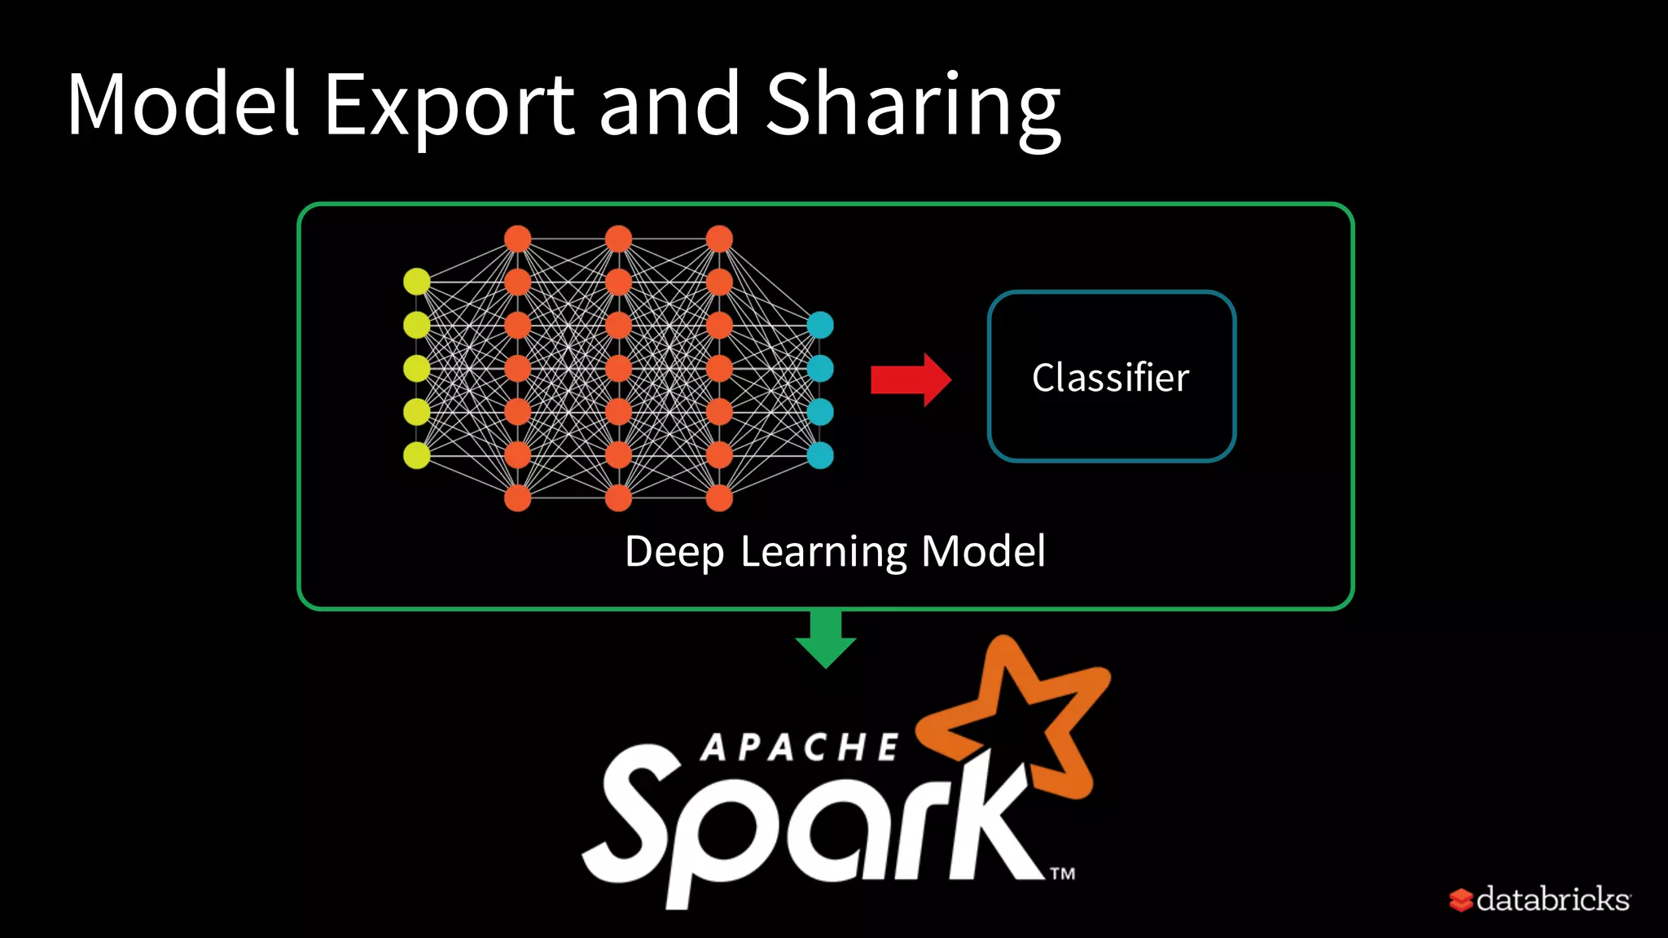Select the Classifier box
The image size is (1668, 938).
pyautogui.click(x=1111, y=377)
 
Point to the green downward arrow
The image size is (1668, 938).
pyautogui.click(x=826, y=638)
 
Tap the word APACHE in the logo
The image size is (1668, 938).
pyautogui.click(x=799, y=747)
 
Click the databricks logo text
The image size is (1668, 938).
pyautogui.click(x=1552, y=900)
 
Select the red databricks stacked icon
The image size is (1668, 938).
pyautogui.click(x=1460, y=901)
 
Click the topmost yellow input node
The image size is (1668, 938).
pyautogui.click(x=417, y=282)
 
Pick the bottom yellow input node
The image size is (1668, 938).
pyautogui.click(x=417, y=455)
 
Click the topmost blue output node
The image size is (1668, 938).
pyautogui.click(x=820, y=325)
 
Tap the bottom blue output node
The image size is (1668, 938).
pyautogui.click(x=820, y=455)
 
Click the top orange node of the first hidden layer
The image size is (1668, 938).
pyautogui.click(x=518, y=239)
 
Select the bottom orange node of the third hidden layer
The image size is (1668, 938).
pyautogui.click(x=719, y=497)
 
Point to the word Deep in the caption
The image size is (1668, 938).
pyautogui.click(x=674, y=552)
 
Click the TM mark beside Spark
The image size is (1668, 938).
pyautogui.click(x=1062, y=874)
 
